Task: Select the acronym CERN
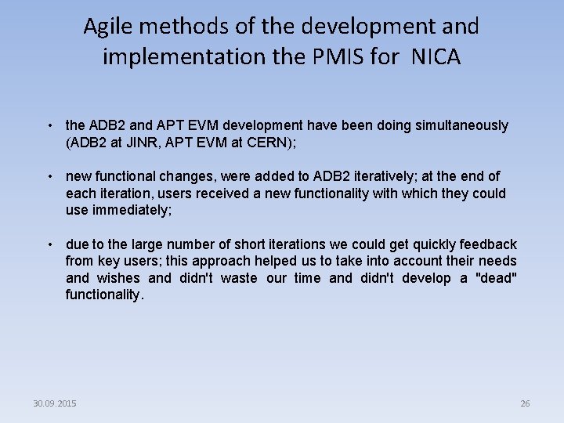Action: (272, 142)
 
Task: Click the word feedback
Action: (488, 244)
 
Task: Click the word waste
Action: (239, 278)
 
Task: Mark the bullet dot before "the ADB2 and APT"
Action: (49, 125)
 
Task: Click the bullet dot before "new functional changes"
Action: (49, 177)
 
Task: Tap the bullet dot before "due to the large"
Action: (49, 245)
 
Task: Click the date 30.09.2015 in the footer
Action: (55, 403)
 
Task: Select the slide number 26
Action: (525, 403)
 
